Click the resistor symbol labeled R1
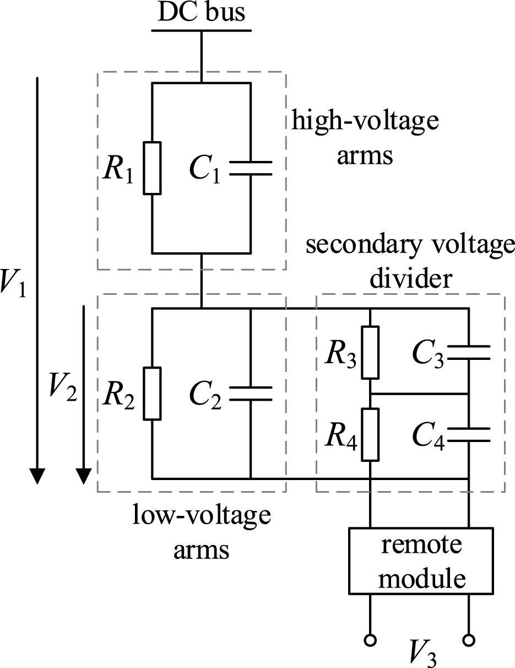point(152,168)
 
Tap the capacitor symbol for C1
point(251,168)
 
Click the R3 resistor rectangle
point(370,352)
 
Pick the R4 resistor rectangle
point(370,434)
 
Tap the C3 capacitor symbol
point(468,352)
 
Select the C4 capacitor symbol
point(468,434)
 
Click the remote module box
point(419,561)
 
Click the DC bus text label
point(202,12)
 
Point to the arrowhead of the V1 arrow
point(37,476)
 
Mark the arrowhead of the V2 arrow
point(83,476)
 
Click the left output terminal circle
point(370,640)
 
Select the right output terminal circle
point(468,640)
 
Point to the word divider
point(410,279)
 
